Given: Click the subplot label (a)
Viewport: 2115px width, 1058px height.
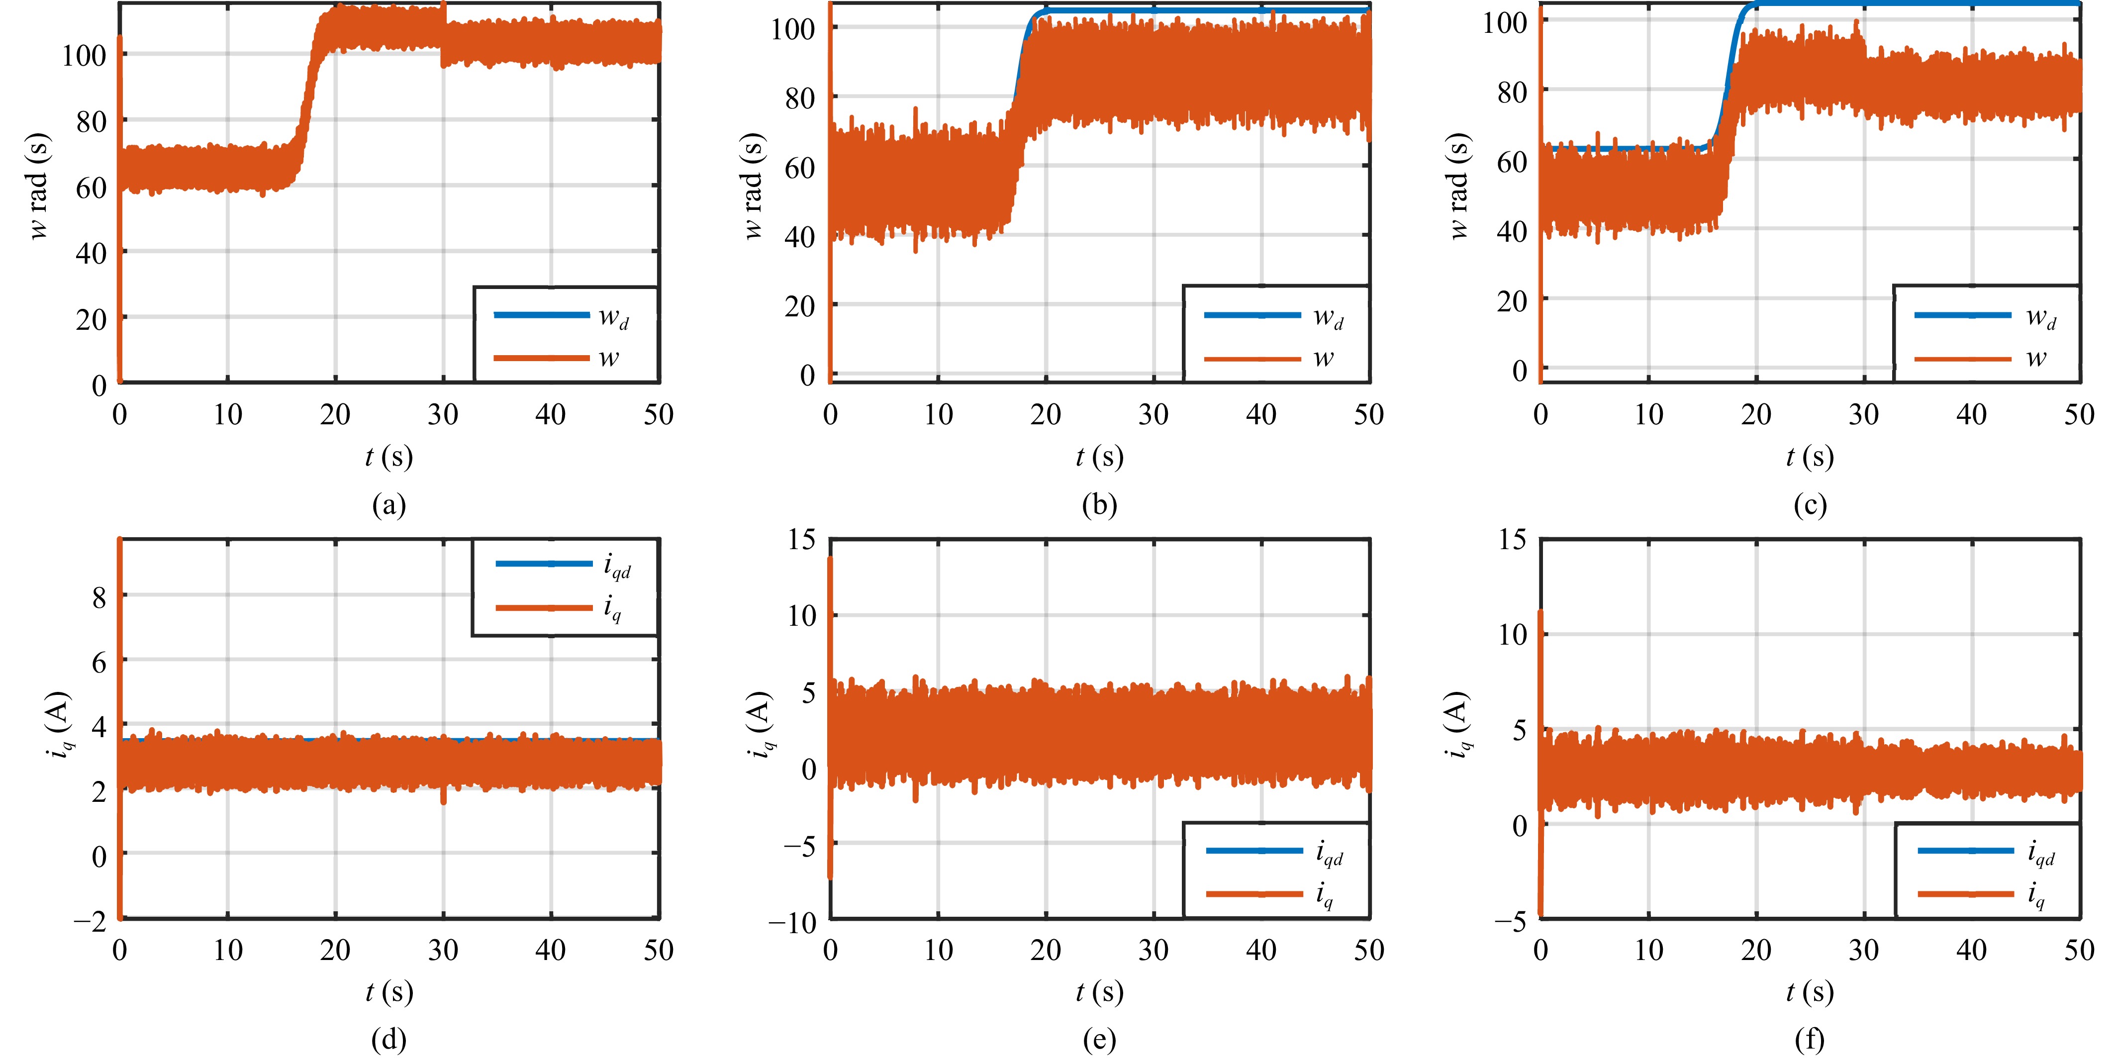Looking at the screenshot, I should coord(388,504).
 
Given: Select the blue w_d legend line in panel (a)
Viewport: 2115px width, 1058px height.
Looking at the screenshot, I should coord(541,315).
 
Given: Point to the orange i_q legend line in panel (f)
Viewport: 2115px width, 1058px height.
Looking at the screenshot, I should coord(1965,893).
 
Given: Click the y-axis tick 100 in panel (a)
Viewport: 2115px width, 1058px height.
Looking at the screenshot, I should coord(85,56).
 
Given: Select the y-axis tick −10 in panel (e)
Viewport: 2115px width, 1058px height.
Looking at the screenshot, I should coord(792,922).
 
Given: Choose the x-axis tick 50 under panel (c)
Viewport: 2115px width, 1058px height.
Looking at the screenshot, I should coord(2079,414).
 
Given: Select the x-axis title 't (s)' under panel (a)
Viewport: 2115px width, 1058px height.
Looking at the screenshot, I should coord(388,456).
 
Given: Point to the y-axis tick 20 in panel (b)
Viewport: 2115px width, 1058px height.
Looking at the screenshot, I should coord(799,306).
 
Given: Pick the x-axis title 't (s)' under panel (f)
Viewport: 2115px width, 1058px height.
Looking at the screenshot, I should coord(1810,992).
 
